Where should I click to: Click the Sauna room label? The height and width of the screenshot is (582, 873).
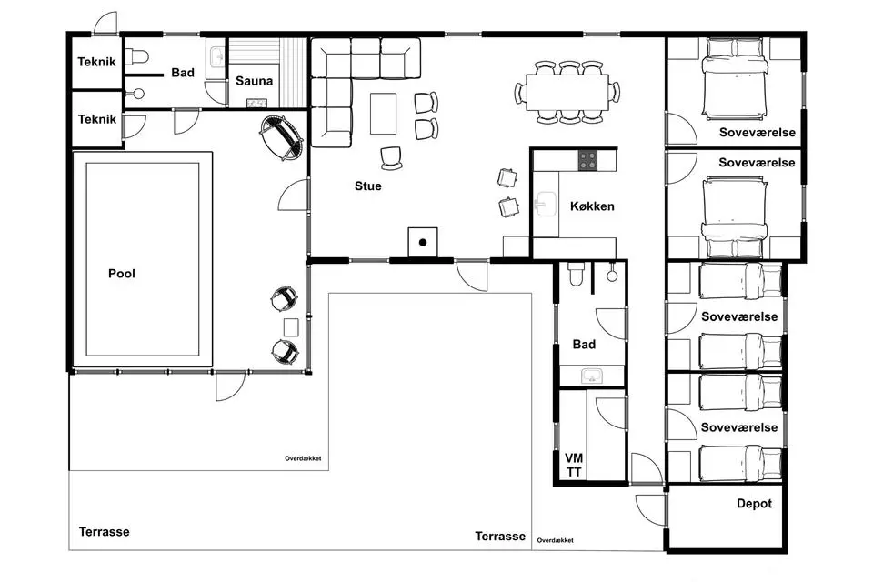coord(254,81)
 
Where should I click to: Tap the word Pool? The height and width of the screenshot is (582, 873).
coord(121,274)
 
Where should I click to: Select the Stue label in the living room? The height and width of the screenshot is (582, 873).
coord(368,186)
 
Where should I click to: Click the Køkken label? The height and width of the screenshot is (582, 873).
coord(592,206)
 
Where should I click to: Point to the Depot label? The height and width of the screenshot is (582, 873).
coord(754,504)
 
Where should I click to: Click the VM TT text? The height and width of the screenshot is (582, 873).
coord(574,465)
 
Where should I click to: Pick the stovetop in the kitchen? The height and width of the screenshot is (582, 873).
coord(587,160)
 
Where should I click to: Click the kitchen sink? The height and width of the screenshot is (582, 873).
coord(545,204)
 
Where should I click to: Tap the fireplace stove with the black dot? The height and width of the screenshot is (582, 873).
coord(423,242)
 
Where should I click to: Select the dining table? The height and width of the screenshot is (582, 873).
coord(567,92)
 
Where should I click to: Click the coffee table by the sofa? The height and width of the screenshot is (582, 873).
coord(383,114)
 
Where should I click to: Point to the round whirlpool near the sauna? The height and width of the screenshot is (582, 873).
coord(282,137)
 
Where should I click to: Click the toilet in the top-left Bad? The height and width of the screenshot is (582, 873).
coord(136,56)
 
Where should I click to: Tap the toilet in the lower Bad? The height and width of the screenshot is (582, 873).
coord(576,274)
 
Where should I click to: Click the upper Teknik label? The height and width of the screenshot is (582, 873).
coord(97,62)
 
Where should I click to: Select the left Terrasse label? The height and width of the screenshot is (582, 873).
coord(104,532)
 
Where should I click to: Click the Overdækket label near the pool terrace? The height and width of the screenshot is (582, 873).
coord(303,458)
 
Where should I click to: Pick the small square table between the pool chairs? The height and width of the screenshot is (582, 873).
coord(291,327)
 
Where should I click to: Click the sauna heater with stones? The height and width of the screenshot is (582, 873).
coord(256,103)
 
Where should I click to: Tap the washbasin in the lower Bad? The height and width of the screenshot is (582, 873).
coord(592,376)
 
